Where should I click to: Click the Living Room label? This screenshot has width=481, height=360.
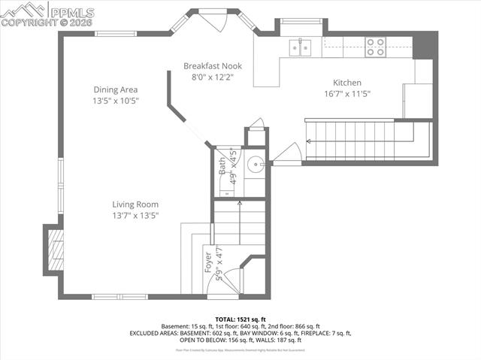pos(135,204)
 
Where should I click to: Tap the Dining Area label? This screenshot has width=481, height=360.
pos(116,89)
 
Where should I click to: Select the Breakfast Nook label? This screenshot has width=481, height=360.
pos(213,66)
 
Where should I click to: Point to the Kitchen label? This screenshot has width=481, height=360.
pos(347,83)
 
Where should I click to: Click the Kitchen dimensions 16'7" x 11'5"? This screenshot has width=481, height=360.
pos(347,94)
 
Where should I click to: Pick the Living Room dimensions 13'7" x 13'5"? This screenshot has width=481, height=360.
pos(135,215)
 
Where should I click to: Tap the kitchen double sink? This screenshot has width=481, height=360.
pos(301,47)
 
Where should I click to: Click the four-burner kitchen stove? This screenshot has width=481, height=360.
pos(375,47)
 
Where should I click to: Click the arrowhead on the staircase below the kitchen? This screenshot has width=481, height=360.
pos(308,141)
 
